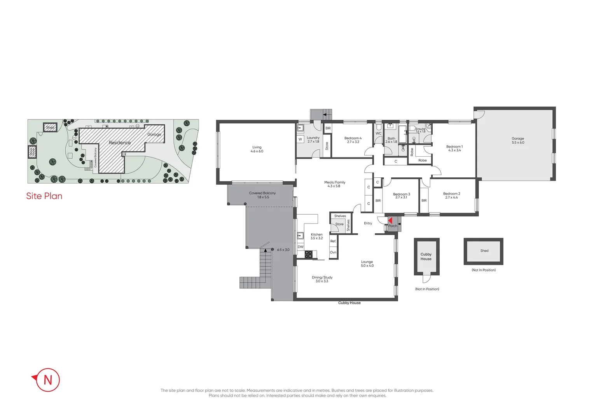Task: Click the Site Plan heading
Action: point(44,196)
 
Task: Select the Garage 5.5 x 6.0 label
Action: point(518,140)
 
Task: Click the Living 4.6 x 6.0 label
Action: point(257,149)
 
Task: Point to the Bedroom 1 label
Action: point(454,148)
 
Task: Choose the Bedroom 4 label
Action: point(353,140)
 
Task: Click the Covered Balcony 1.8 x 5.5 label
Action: point(262,195)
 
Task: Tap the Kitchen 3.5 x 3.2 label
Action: point(316,236)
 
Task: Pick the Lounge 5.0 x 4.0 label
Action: point(367,264)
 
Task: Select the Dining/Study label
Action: point(322,279)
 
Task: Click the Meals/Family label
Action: point(334,184)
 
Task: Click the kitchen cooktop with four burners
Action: point(308,254)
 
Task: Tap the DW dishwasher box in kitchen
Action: point(300,247)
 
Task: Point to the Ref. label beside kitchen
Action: point(333,241)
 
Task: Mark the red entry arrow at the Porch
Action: point(390,221)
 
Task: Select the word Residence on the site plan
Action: point(120,143)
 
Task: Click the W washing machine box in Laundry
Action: point(300,139)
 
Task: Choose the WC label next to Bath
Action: point(378,133)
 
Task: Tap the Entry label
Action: point(368,223)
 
